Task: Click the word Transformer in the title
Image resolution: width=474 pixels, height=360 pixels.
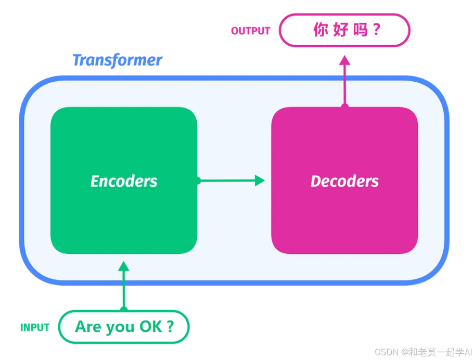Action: (x=117, y=60)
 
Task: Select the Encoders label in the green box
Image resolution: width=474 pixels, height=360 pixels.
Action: (x=124, y=181)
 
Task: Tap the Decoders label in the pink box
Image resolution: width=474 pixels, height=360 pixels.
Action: (x=344, y=181)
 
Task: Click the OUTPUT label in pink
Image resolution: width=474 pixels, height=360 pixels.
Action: (x=250, y=31)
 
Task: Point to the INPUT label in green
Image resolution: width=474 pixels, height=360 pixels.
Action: (x=35, y=328)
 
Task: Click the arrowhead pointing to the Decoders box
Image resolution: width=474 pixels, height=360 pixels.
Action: (x=260, y=181)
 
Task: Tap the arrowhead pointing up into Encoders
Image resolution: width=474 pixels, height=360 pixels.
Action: (x=123, y=266)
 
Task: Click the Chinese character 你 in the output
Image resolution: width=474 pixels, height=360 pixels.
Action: (x=320, y=30)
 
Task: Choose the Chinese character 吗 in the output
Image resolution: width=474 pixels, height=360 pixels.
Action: (x=360, y=30)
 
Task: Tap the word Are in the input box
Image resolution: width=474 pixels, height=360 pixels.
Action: (x=88, y=327)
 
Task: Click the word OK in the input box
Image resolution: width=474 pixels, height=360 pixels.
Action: (x=150, y=327)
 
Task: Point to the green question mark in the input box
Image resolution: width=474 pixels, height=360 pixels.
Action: (x=170, y=327)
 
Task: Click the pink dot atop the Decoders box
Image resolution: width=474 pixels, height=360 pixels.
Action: (x=344, y=106)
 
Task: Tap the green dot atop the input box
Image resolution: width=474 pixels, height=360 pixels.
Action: (x=123, y=310)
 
